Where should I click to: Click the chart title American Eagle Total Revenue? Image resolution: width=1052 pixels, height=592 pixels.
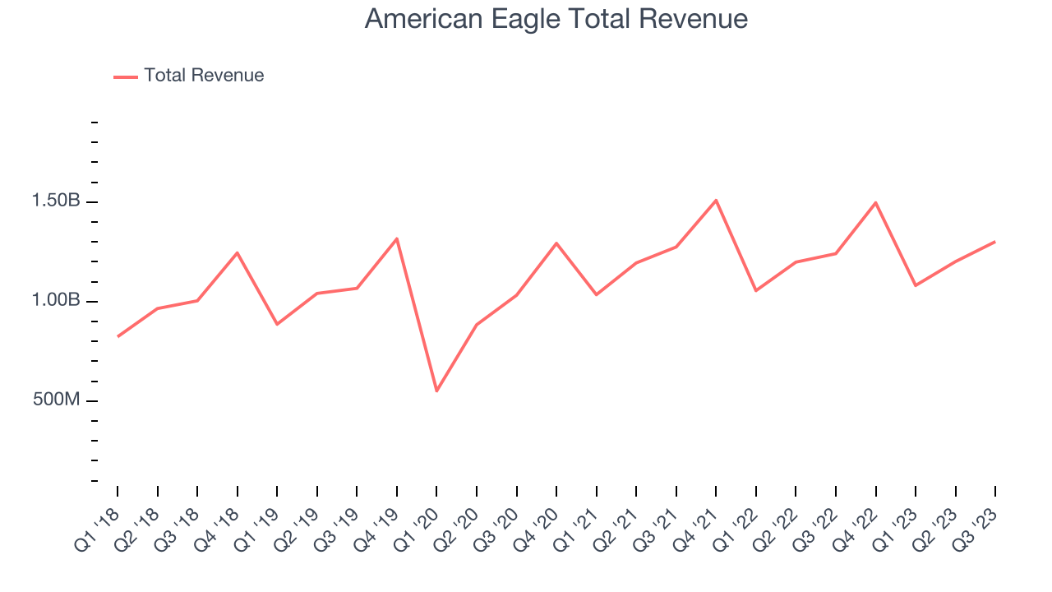point(556,19)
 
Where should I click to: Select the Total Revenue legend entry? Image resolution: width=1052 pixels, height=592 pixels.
point(189,76)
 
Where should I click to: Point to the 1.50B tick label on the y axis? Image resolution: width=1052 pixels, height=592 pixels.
point(56,201)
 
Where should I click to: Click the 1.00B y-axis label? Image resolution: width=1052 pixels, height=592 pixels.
point(56,301)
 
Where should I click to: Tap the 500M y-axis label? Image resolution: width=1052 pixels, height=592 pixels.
point(58,400)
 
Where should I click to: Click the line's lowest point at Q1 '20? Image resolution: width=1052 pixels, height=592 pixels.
point(436,391)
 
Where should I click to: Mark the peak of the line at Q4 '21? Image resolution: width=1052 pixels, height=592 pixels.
point(716,200)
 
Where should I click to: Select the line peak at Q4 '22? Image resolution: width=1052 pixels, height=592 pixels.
point(875,202)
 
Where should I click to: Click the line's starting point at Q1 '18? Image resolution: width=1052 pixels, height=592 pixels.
point(118,336)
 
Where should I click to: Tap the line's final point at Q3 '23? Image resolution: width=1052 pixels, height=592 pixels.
point(995,242)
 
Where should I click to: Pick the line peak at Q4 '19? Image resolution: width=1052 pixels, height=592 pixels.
point(397,238)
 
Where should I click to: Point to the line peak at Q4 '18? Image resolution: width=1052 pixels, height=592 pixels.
point(238,252)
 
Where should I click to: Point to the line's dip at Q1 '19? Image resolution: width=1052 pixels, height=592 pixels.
point(277,324)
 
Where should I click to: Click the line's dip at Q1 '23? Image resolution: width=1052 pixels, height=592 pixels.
point(916,285)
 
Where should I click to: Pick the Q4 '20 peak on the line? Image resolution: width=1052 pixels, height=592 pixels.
point(556,243)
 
